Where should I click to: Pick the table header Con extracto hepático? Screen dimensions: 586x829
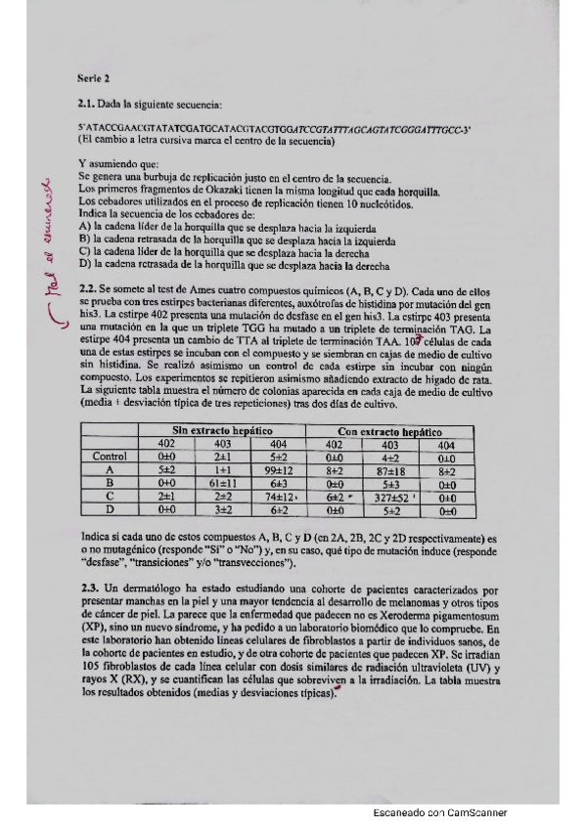[x=389, y=431]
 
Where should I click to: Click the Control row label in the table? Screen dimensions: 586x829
[x=109, y=456]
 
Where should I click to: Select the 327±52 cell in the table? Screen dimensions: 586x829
[x=389, y=496]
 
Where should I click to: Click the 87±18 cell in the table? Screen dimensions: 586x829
[x=390, y=469]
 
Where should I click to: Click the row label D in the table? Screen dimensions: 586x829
[x=109, y=509]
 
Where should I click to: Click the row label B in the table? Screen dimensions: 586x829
[x=109, y=482]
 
